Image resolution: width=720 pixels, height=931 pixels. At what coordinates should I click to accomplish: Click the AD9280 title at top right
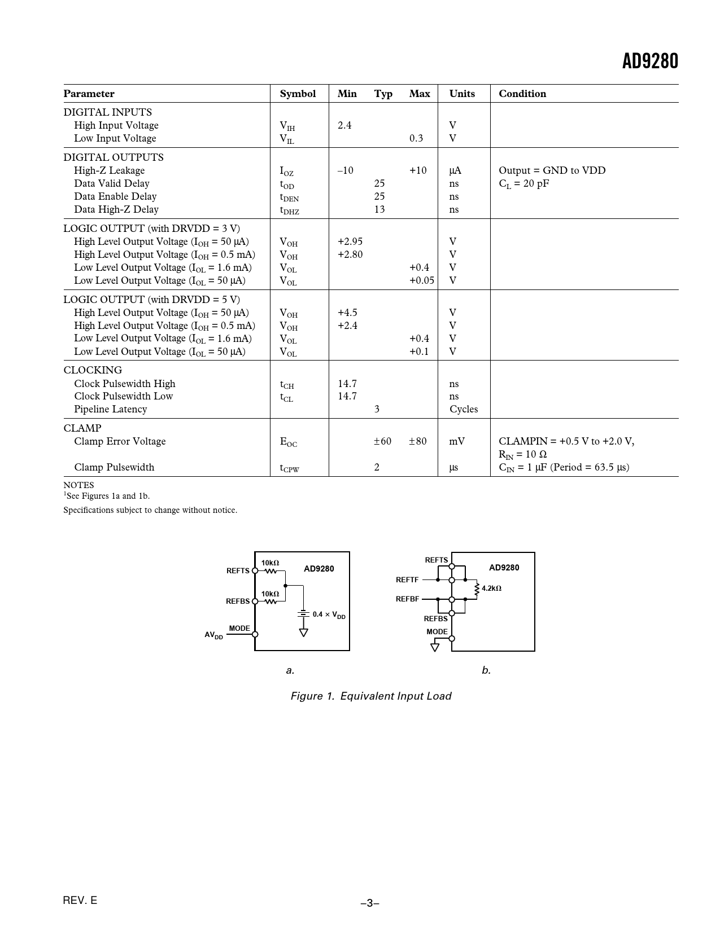649,61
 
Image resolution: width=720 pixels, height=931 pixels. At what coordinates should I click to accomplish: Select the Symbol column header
298,94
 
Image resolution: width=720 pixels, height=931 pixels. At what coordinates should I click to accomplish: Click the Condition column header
522,94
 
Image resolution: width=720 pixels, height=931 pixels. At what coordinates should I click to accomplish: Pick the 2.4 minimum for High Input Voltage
344,125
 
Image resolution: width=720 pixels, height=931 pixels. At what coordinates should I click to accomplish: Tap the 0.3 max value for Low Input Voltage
416,138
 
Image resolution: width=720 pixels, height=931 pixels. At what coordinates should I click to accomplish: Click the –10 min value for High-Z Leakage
345,170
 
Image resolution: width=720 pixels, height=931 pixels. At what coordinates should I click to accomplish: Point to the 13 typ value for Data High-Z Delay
379,209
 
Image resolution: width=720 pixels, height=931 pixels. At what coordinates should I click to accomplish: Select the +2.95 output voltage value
350,241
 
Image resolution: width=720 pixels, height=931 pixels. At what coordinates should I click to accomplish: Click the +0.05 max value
421,280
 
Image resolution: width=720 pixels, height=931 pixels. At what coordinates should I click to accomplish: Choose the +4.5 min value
347,313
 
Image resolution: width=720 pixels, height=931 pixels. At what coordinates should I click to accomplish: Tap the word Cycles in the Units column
464,409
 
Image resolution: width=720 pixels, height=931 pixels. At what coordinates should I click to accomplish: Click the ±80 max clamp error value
418,441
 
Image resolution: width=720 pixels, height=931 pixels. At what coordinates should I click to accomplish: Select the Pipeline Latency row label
110,409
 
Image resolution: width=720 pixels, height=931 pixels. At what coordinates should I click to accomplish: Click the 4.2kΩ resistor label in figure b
491,588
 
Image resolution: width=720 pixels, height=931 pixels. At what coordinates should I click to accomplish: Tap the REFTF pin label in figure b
407,579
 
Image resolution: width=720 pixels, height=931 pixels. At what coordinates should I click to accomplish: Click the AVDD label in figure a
213,635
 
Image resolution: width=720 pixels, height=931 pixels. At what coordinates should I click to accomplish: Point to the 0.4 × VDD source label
329,614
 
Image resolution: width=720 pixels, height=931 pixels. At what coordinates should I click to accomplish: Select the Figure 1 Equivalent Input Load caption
371,696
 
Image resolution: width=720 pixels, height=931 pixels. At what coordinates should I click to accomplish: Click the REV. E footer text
80,900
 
